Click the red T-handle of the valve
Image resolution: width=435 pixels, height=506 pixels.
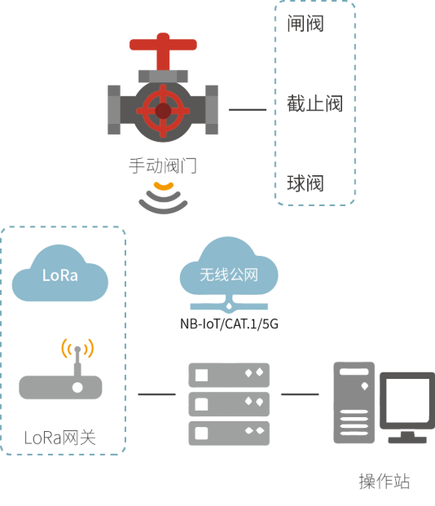coord(163,45)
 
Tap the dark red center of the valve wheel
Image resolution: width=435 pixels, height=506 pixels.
coord(163,111)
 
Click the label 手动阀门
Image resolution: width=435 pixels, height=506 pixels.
coord(163,165)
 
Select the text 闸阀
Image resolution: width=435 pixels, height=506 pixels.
coord(305,24)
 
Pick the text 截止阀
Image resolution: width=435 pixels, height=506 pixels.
coord(314,103)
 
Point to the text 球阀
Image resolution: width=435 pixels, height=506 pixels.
coord(305,183)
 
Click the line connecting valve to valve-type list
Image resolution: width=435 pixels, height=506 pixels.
coord(248,110)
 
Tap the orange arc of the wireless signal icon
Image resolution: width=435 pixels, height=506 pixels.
coord(164,187)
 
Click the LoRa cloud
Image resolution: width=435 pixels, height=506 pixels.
coord(60,273)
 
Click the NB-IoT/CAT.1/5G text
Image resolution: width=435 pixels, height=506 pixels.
coord(229,323)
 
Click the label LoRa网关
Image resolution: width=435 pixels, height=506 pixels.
coord(60,438)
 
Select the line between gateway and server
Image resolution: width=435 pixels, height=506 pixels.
coord(157,394)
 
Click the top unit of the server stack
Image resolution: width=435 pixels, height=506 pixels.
coord(229,375)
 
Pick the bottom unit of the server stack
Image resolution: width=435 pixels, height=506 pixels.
coord(229,433)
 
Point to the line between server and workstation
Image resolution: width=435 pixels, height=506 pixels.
coord(300,394)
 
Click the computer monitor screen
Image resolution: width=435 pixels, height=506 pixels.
coord(407,400)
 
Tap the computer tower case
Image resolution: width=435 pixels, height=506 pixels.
coord(354,403)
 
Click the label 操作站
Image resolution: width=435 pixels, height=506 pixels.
coord(384,482)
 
